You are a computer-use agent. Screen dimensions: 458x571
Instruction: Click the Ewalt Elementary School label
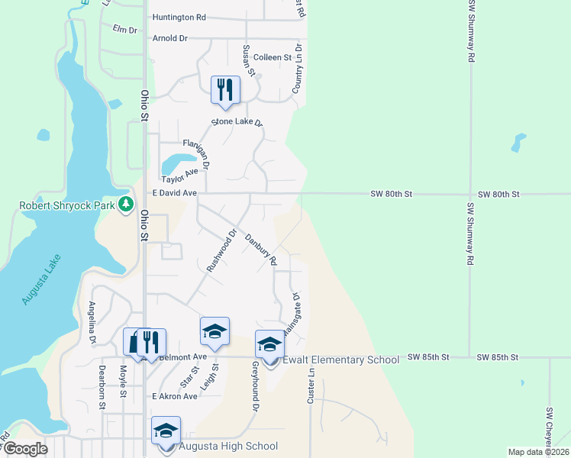point(340,360)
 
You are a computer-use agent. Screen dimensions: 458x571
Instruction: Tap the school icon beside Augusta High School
point(166,431)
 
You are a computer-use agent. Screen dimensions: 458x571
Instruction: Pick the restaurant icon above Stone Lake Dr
point(225,89)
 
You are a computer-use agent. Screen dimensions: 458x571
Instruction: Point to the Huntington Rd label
point(179,17)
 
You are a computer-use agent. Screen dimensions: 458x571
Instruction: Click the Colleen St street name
point(273,57)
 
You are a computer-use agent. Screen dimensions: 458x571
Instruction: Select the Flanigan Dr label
point(196,153)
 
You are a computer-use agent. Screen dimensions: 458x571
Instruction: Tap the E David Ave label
point(175,194)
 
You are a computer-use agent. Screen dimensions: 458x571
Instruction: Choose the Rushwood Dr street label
point(222,251)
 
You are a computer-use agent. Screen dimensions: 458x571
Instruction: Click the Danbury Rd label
point(260,249)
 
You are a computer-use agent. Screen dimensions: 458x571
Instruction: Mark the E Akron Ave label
point(175,397)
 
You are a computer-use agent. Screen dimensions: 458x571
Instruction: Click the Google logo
point(25,449)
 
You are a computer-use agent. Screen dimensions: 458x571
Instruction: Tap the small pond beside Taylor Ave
point(178,163)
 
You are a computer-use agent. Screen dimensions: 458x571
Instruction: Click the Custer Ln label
point(311,387)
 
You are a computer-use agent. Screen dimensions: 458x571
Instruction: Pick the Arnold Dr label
point(169,38)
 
